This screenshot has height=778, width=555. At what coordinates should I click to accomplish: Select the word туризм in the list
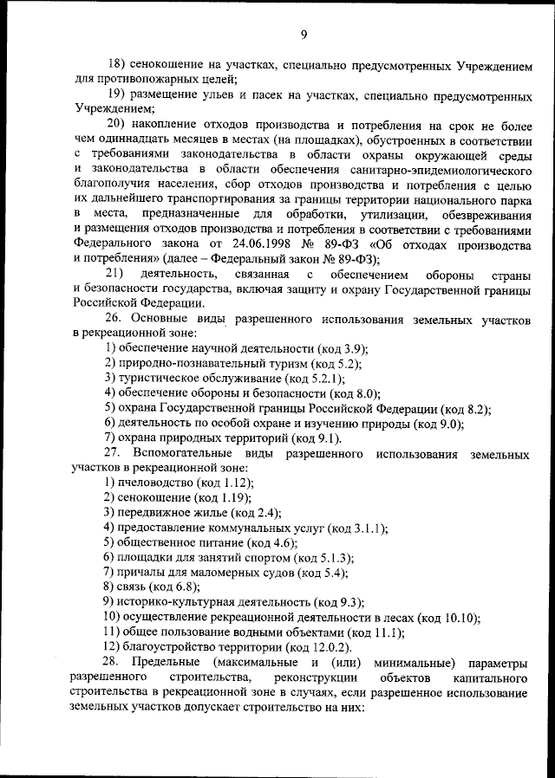point(261,363)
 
